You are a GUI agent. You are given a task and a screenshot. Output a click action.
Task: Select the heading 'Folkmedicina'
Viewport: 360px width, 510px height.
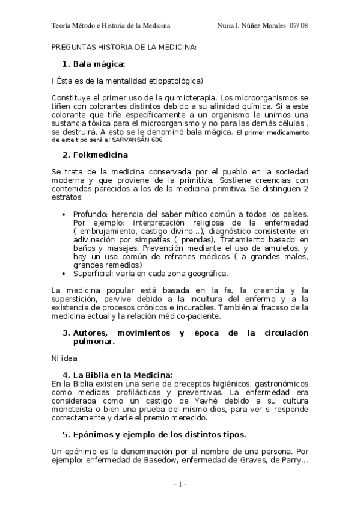click(x=100, y=155)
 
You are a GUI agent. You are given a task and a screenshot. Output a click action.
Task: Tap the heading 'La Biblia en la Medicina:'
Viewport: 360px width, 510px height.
click(x=122, y=375)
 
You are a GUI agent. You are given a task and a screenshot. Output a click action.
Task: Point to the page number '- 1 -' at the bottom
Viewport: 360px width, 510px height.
click(x=180, y=484)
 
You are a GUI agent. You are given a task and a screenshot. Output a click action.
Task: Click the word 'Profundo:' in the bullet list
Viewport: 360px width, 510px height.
click(x=91, y=214)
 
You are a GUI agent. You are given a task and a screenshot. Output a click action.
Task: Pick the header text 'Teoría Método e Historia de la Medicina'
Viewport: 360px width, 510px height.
click(x=111, y=25)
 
